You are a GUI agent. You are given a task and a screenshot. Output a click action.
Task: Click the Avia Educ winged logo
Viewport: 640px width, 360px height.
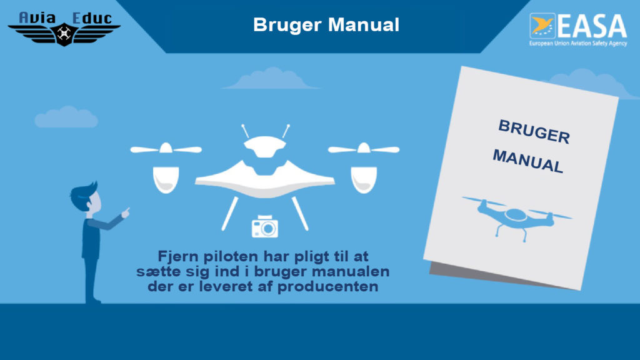[x=64, y=29]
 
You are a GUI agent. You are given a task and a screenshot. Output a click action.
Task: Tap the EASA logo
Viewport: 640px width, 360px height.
[x=578, y=29]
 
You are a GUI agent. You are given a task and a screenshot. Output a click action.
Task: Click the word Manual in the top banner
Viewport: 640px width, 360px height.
[x=364, y=25]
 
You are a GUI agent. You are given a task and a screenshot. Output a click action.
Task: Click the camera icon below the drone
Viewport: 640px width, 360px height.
[x=265, y=226]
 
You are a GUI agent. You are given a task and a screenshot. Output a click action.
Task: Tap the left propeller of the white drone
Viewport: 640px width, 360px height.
[x=166, y=149]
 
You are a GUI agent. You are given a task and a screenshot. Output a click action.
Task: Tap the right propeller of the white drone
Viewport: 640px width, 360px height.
[x=364, y=149]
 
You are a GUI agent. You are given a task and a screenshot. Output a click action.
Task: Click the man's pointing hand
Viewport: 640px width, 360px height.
[x=126, y=212]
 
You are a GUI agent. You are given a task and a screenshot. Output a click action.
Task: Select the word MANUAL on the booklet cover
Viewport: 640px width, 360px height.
[x=528, y=161]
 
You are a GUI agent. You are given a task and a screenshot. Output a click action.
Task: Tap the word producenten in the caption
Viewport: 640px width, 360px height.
[x=327, y=286]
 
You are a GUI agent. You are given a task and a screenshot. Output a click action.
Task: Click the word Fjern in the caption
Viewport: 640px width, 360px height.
[x=178, y=257]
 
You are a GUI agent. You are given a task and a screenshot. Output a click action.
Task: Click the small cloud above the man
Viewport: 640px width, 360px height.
[x=66, y=117]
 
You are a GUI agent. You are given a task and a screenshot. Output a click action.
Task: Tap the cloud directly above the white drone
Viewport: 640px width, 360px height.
[x=270, y=79]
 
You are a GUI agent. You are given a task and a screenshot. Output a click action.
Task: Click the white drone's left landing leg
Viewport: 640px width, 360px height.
[x=230, y=214]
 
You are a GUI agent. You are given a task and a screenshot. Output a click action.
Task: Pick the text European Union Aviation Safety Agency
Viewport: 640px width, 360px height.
[x=578, y=43]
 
